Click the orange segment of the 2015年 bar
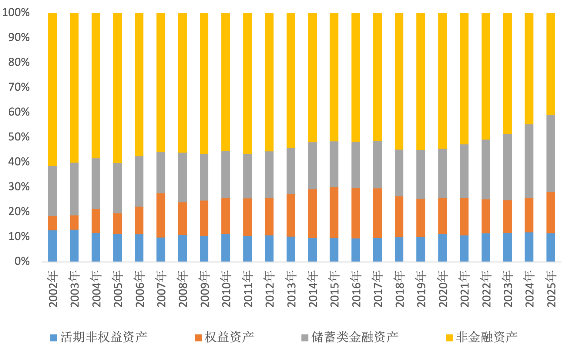click(334, 213)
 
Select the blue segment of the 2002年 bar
click(53, 246)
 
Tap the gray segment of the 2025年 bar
click(551, 153)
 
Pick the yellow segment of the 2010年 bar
click(226, 82)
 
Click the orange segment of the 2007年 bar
click(161, 215)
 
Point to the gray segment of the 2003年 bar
click(74, 189)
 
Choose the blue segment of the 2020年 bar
click(442, 247)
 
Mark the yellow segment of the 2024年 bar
click(529, 69)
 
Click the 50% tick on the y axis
click(19, 137)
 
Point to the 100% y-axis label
click(16, 13)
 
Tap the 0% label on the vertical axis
click(22, 261)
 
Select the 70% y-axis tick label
click(19, 87)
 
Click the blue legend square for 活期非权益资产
click(54, 338)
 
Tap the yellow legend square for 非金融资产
click(449, 338)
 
